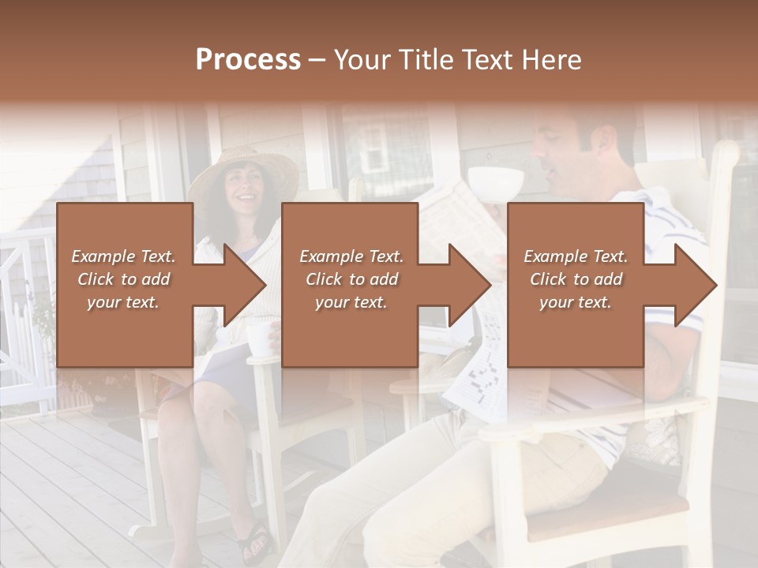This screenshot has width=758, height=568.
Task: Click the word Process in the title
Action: [x=248, y=60]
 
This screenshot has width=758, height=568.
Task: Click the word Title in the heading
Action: [x=422, y=60]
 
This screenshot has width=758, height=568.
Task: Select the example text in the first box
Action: [x=124, y=279]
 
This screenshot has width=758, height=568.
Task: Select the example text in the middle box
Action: [x=351, y=279]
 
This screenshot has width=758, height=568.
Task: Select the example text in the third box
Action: [x=576, y=279]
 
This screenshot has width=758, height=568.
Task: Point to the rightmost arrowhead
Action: [x=695, y=285]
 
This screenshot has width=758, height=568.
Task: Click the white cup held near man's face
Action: [x=496, y=180]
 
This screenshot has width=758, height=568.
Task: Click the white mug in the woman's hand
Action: [x=259, y=338]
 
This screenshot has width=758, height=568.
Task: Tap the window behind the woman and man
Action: [x=379, y=146]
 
